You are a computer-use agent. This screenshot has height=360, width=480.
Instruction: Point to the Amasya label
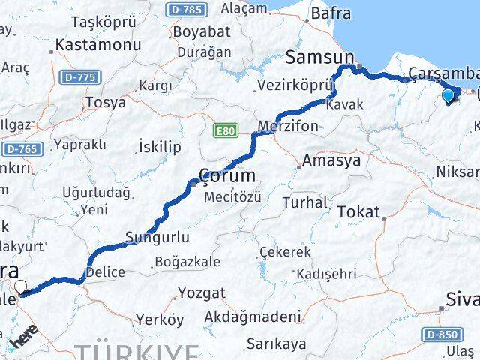point(331,160)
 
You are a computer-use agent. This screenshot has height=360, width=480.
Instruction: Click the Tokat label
point(358,212)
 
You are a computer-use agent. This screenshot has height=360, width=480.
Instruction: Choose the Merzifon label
point(287,125)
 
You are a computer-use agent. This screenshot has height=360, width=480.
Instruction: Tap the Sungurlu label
point(157,237)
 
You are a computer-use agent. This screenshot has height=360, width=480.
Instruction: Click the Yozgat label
point(200,293)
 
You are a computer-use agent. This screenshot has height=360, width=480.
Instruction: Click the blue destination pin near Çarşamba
point(448,95)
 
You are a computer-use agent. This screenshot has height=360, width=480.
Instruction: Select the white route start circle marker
point(20,285)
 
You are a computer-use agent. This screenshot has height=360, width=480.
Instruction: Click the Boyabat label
point(198,32)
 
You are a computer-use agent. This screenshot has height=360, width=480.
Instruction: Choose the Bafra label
point(330,13)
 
